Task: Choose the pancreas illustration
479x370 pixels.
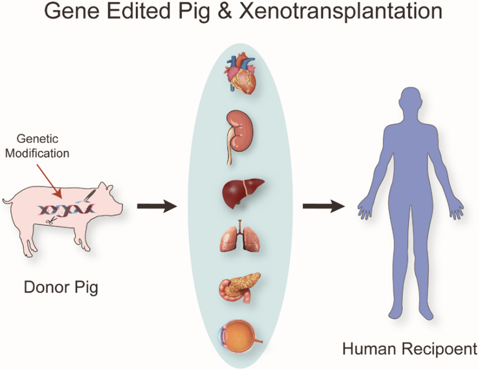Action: (x=239, y=286)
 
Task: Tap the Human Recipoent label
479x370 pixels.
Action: (x=409, y=350)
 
